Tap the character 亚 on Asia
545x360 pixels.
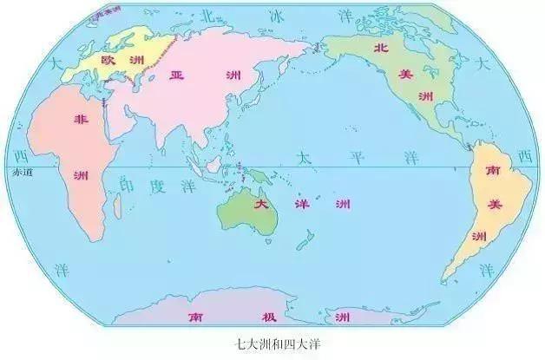tap(178, 75)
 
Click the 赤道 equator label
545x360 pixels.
tap(22, 173)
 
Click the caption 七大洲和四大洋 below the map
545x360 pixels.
tap(272, 344)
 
